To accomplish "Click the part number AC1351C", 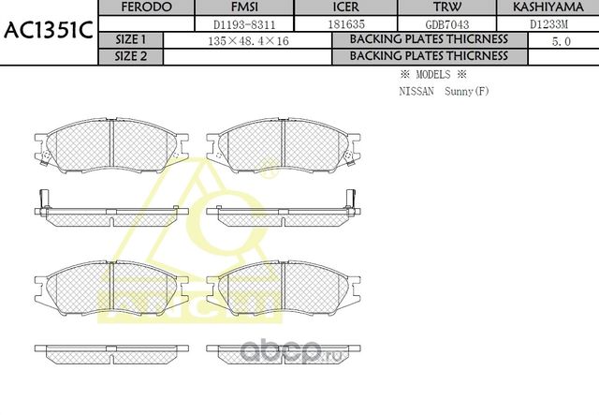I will coord(48,31).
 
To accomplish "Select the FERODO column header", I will coord(148,7).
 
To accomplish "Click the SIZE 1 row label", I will coord(130,39).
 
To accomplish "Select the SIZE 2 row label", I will coord(130,55).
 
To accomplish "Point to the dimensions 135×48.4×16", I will coord(247,40).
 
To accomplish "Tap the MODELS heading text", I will coord(432,74).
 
